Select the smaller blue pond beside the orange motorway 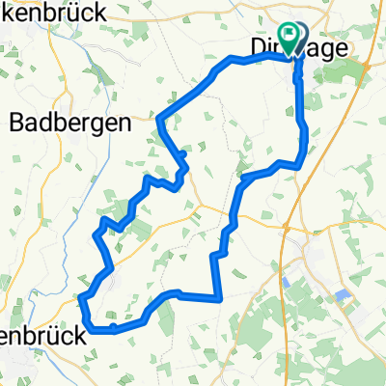(289, 283)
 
